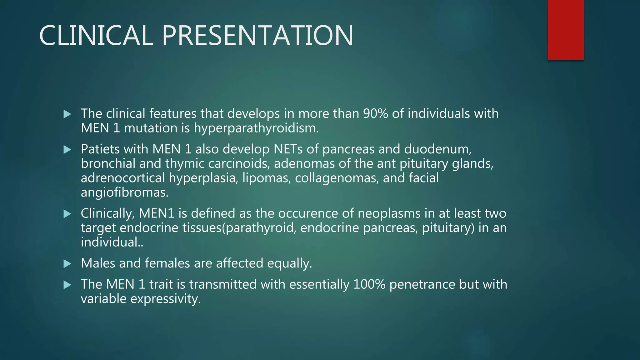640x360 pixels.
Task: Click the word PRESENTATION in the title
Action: pos(257,35)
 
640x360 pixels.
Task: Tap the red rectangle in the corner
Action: pos(566,30)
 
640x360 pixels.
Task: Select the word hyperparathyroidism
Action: pos(256,128)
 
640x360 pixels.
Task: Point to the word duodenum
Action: pos(437,149)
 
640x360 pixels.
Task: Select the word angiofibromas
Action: pos(124,193)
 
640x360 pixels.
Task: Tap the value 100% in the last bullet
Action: pos(369,285)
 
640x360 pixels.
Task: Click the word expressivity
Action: pos(165,299)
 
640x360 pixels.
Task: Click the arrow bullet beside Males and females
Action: pos(67,264)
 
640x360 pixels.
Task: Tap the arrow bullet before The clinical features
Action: pos(67,114)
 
